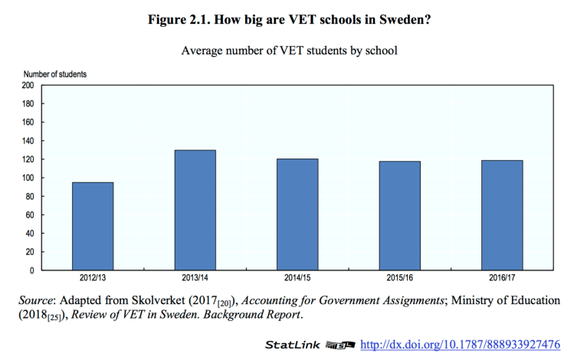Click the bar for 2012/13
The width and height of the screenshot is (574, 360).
click(93, 226)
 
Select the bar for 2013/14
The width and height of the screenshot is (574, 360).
click(195, 210)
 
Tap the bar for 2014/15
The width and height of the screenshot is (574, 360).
click(297, 214)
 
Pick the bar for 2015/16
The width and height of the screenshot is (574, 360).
click(400, 215)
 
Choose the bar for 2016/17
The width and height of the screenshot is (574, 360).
click(502, 215)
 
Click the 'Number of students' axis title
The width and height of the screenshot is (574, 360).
click(58, 74)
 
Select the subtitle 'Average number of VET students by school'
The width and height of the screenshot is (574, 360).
click(287, 51)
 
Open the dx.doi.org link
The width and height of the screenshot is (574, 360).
click(460, 345)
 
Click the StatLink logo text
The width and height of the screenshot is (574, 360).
click(294, 345)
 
